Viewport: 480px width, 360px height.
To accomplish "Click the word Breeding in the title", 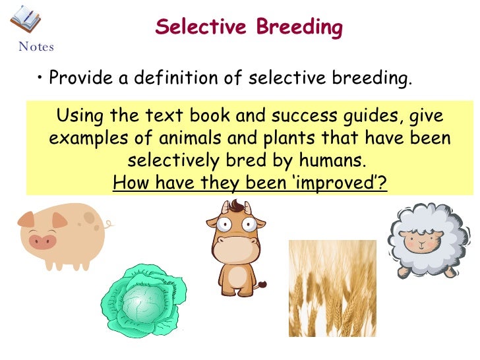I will (299, 28).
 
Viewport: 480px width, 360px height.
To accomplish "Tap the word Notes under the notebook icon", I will (36, 47).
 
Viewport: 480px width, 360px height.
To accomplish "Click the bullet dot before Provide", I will (41, 79).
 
